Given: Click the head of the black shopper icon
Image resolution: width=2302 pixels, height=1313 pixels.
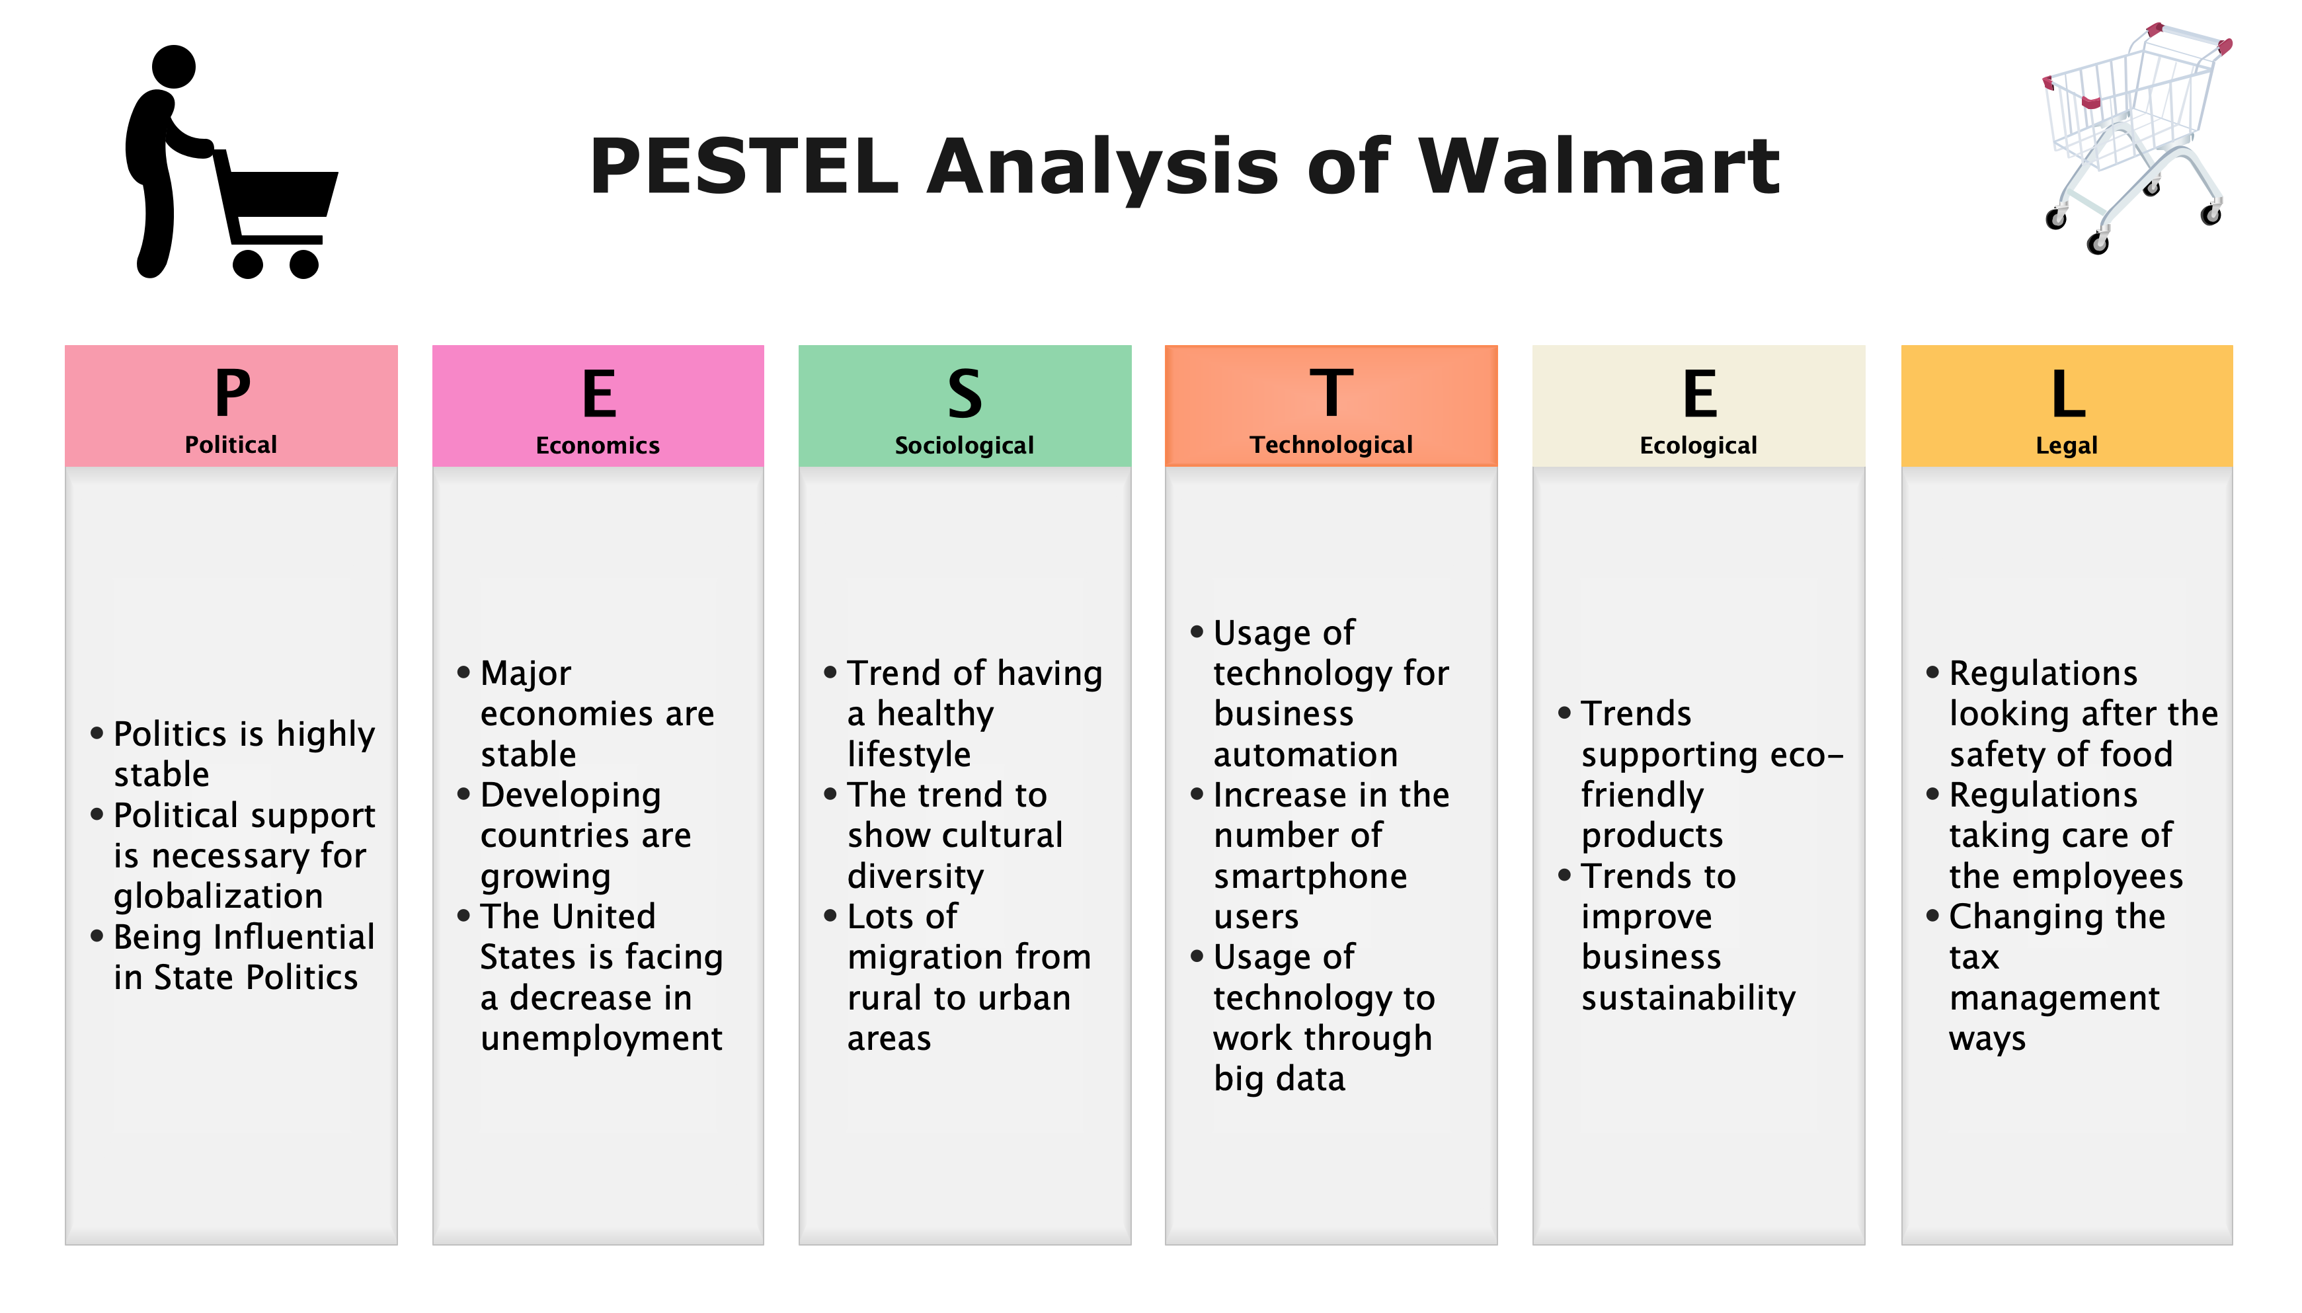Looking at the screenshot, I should tap(173, 67).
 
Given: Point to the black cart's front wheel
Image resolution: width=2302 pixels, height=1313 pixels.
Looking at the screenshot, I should tap(304, 263).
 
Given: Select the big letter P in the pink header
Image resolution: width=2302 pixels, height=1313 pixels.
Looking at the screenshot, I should tap(232, 393).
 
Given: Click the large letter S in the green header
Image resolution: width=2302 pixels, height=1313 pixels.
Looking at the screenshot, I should tap(964, 393).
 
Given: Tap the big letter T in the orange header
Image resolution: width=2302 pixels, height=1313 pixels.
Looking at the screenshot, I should tap(1331, 393).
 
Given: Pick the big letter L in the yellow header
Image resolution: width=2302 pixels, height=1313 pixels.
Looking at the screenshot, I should tap(2067, 393).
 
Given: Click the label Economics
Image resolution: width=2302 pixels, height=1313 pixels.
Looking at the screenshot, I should tap(597, 446).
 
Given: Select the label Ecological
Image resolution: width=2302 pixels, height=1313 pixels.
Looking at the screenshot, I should tap(1698, 446).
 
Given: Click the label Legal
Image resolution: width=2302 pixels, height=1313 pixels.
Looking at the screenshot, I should tap(2066, 446).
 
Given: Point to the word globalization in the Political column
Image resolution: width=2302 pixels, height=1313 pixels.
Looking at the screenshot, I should tap(218, 896).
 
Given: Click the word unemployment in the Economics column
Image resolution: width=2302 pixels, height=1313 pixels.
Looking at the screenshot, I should tap(600, 1038).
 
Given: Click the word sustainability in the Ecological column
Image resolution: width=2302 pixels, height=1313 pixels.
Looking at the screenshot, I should tap(1688, 998).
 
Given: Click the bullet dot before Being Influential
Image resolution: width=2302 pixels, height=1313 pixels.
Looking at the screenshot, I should tap(97, 936).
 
